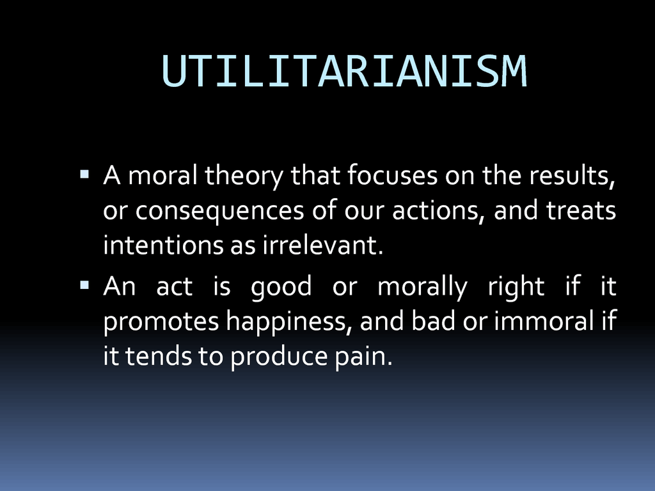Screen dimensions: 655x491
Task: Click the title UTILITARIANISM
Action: pyautogui.click(x=344, y=71)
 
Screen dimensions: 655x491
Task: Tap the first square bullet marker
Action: pyautogui.click(x=84, y=174)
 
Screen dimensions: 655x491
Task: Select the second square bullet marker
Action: pyautogui.click(x=84, y=285)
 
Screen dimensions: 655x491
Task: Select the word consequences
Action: pyautogui.click(x=220, y=211)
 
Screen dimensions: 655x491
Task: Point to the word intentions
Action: pyautogui.click(x=163, y=245)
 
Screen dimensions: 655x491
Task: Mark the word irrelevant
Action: pyautogui.click(x=322, y=245)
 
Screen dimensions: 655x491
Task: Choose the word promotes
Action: pyautogui.click(x=161, y=322)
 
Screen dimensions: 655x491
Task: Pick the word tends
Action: pyautogui.click(x=159, y=356)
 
